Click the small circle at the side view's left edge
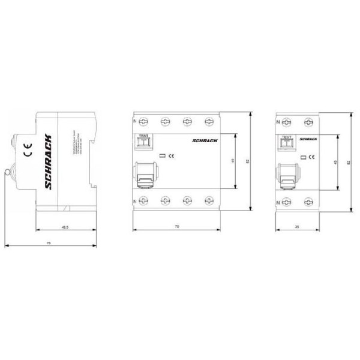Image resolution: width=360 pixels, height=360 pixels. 7,173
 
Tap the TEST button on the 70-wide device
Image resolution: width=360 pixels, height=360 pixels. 143,143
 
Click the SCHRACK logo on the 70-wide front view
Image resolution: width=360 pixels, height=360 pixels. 206,139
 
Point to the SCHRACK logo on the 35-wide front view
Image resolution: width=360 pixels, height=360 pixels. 307,139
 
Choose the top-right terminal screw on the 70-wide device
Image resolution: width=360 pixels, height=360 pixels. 208,121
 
